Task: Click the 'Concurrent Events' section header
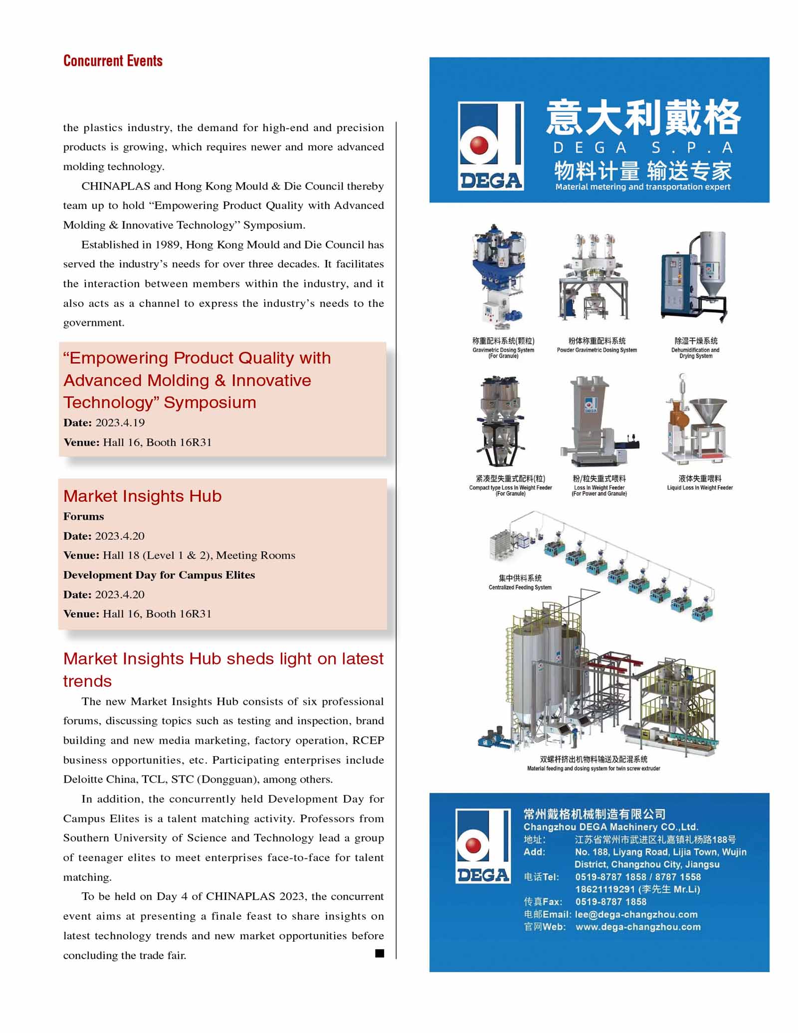coord(113,61)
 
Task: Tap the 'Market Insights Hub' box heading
coord(142,496)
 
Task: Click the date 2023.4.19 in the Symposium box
coord(120,422)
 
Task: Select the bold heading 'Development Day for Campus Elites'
coord(159,575)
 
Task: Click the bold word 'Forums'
coord(83,516)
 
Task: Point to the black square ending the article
coord(380,953)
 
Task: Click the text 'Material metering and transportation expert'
coord(642,187)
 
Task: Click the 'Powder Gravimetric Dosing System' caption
coord(597,350)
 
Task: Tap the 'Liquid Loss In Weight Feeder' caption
coord(700,488)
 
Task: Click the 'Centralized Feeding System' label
coord(520,587)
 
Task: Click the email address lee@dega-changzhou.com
coord(636,914)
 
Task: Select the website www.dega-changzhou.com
coord(638,927)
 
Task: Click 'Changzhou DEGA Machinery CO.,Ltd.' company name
coord(610,826)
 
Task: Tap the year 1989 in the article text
coord(168,244)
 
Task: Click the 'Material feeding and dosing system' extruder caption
coord(594,768)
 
